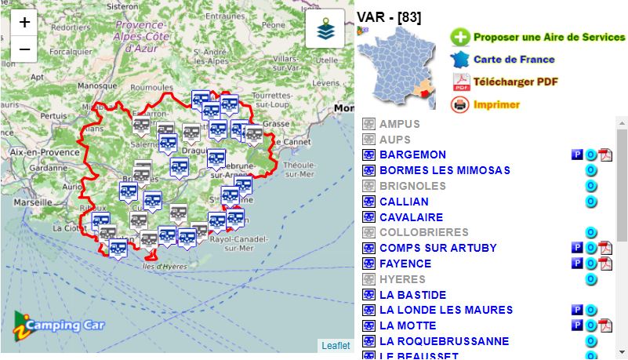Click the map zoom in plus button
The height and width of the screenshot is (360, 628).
(24, 22)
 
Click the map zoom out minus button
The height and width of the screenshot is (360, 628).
(24, 49)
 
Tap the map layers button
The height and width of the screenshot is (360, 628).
(325, 29)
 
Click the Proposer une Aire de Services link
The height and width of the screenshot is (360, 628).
(549, 37)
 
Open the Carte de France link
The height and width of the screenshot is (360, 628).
(514, 60)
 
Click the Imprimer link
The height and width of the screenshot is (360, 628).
(496, 104)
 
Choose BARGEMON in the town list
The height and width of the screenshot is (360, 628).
(412, 155)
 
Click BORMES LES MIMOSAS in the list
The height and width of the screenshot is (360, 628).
(445, 170)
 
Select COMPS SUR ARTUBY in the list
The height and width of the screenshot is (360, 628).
(438, 248)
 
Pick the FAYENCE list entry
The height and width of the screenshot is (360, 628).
(405, 264)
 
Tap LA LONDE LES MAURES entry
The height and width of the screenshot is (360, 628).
(446, 310)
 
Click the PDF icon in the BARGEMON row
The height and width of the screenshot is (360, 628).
(605, 155)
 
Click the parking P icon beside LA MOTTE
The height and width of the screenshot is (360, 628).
(577, 325)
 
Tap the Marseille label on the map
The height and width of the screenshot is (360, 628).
(32, 202)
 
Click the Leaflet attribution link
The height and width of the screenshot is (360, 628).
(336, 346)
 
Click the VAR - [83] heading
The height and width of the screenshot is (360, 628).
(389, 17)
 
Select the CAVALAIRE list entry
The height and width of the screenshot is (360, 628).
(411, 217)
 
